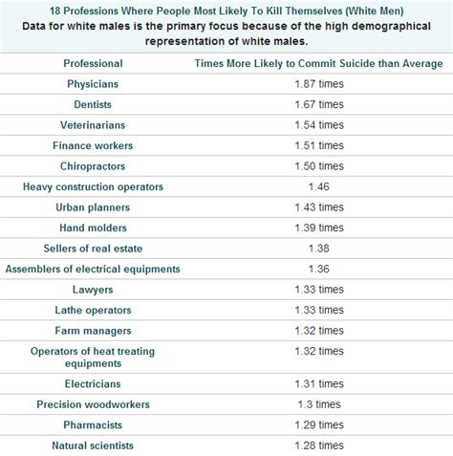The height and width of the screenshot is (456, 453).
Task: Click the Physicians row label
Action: pyautogui.click(x=93, y=84)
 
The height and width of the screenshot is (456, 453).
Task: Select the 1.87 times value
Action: pyautogui.click(x=318, y=84)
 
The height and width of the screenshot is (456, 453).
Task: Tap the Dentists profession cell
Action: pyautogui.click(x=93, y=104)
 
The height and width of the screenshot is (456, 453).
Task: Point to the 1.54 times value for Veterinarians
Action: pyautogui.click(x=318, y=125)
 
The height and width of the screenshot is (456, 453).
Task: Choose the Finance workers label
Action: pyautogui.click(x=93, y=145)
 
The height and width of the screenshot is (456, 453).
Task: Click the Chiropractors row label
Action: pyautogui.click(x=93, y=165)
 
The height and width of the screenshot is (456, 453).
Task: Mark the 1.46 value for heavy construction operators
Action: pyautogui.click(x=318, y=186)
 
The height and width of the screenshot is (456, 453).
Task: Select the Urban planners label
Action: pyautogui.click(x=93, y=206)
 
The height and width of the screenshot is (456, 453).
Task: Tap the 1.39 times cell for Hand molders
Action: pyautogui.click(x=318, y=227)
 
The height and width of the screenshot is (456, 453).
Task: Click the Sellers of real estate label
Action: pyautogui.click(x=93, y=248)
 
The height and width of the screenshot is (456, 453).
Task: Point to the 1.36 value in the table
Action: pyautogui.click(x=318, y=268)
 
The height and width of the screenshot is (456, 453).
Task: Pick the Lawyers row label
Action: pyautogui.click(x=93, y=289)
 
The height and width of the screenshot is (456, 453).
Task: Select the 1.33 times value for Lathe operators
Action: pyautogui.click(x=318, y=309)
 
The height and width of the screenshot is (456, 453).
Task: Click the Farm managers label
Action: pyautogui.click(x=93, y=330)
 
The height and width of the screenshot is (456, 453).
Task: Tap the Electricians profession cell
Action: pyautogui.click(x=93, y=383)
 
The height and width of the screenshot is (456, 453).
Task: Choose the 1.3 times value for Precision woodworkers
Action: pyautogui.click(x=318, y=403)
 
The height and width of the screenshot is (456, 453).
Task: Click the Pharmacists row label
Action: pyautogui.click(x=93, y=424)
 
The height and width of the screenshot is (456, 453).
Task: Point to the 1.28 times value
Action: pyautogui.click(x=318, y=445)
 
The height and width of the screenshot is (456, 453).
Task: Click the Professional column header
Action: pyautogui.click(x=93, y=63)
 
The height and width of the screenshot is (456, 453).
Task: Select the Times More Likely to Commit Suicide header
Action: pyautogui.click(x=318, y=63)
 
